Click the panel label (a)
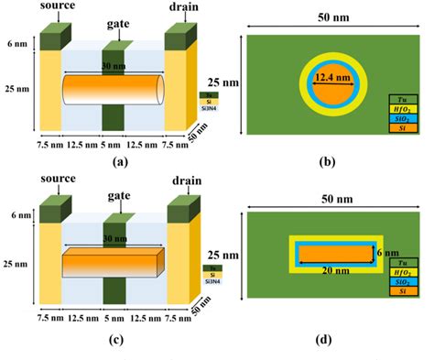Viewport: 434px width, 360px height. (116, 161)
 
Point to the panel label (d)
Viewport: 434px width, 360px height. (328, 342)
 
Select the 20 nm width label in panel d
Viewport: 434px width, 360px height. (333, 272)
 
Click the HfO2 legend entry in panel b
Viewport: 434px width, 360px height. (401, 109)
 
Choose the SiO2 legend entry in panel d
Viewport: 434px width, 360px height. (401, 283)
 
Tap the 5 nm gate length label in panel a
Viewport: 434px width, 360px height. (114, 145)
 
